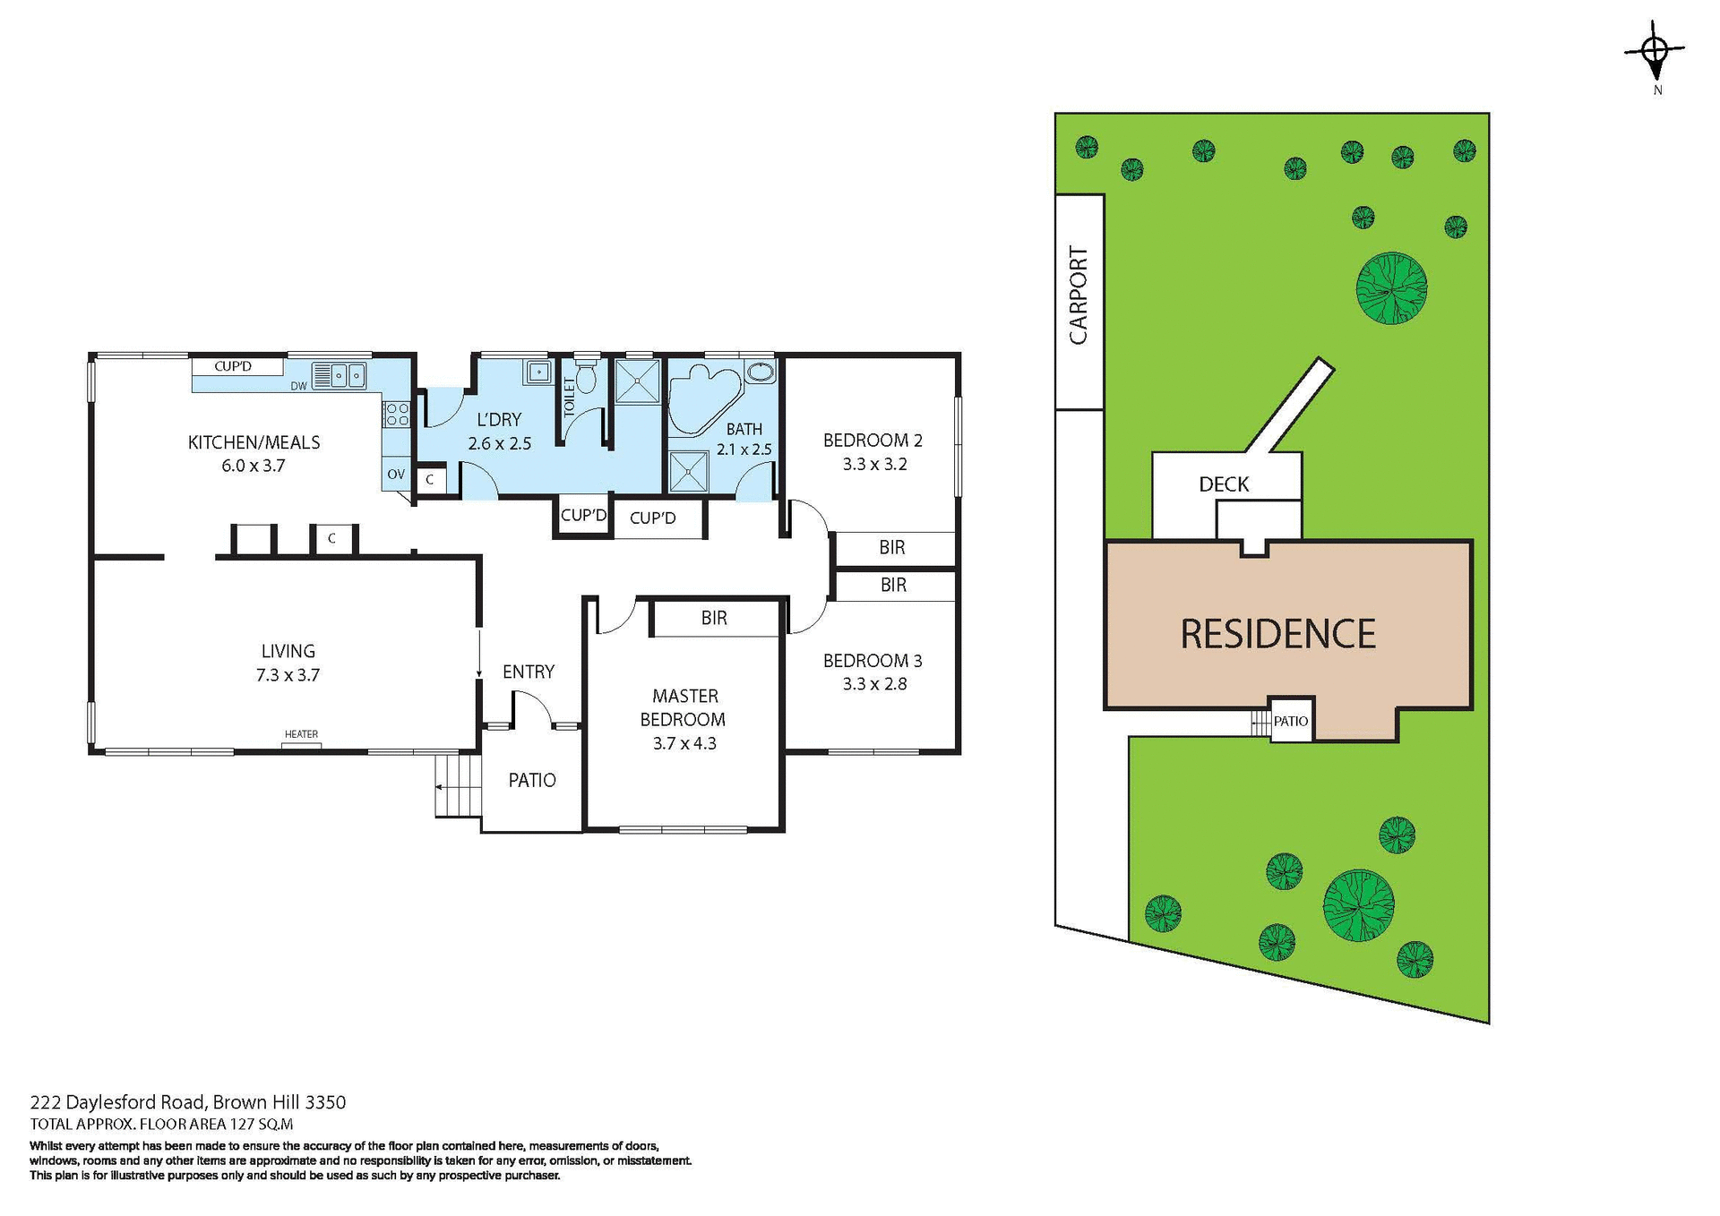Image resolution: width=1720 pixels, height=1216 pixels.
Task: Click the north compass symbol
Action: pyautogui.click(x=1655, y=51)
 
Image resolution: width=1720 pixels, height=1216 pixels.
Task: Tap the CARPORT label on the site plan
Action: pyautogui.click(x=1079, y=295)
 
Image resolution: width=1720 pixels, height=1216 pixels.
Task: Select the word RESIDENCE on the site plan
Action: pyautogui.click(x=1277, y=634)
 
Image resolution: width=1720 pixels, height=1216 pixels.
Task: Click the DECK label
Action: pyautogui.click(x=1224, y=484)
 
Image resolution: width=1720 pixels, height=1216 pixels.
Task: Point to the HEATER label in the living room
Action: pyautogui.click(x=301, y=734)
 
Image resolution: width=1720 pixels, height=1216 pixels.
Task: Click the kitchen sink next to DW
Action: pyautogui.click(x=339, y=375)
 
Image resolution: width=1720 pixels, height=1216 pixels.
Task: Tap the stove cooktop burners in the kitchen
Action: pyautogui.click(x=397, y=414)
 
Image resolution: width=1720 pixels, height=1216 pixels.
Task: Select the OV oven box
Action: pyautogui.click(x=396, y=475)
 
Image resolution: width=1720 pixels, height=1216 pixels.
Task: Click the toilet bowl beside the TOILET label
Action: pyautogui.click(x=586, y=378)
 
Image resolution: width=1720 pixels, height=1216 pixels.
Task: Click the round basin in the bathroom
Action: pyautogui.click(x=761, y=372)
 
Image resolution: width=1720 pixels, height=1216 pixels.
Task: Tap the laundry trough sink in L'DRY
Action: pyautogui.click(x=538, y=372)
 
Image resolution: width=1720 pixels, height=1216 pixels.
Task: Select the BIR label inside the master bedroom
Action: pyautogui.click(x=714, y=618)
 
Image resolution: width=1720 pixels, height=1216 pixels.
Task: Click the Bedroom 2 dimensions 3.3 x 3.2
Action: pyautogui.click(x=874, y=464)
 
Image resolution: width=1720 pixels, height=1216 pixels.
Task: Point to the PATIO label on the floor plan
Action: pyautogui.click(x=532, y=780)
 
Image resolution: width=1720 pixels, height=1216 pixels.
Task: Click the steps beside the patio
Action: pyautogui.click(x=458, y=786)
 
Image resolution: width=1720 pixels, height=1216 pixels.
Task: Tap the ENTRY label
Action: pyautogui.click(x=528, y=672)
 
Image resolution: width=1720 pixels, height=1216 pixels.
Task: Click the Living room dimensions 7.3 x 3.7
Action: pyautogui.click(x=288, y=675)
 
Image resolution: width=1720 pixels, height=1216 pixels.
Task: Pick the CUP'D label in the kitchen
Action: pyautogui.click(x=233, y=366)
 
